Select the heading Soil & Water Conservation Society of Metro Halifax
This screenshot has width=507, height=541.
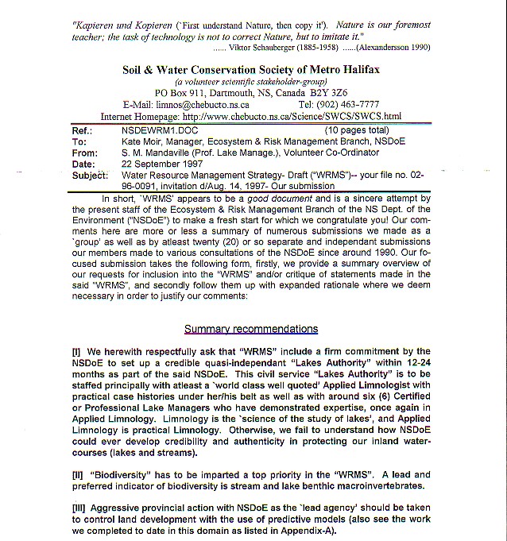251,70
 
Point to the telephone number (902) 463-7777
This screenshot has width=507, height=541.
352,104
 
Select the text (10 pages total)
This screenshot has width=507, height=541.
358,129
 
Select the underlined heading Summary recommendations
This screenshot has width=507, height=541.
251,329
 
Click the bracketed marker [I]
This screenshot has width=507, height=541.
76,352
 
